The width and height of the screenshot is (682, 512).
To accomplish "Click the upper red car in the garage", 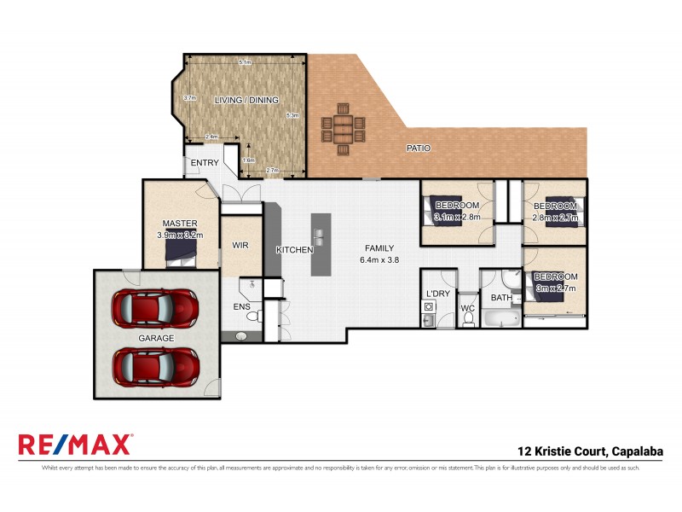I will pos(156,305).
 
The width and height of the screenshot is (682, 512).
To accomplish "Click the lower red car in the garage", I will pos(156,366).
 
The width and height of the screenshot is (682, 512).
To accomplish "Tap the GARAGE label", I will pos(156,338).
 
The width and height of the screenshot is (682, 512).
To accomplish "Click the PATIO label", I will pos(418,148).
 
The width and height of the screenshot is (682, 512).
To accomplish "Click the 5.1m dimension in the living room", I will pos(245,62).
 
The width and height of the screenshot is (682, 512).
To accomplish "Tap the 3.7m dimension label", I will pos(190,98).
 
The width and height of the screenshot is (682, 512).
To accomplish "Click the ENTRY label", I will pos(205,163).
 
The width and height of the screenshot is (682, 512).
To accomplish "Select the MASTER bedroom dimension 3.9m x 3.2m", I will pos(180,235).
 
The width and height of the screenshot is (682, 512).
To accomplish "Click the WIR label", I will pos(240,245).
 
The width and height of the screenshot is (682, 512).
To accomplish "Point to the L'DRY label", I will pos(437,294).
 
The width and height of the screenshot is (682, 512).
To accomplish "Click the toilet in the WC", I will pos(468,317).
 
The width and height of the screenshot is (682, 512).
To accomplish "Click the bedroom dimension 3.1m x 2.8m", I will pos(458,217).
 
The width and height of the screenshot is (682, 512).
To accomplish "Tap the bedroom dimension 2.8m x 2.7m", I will pos(556,218).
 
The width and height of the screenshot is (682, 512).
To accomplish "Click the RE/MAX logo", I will pos(75,445).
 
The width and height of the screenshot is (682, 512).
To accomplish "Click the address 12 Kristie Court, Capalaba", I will pos(591,451).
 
